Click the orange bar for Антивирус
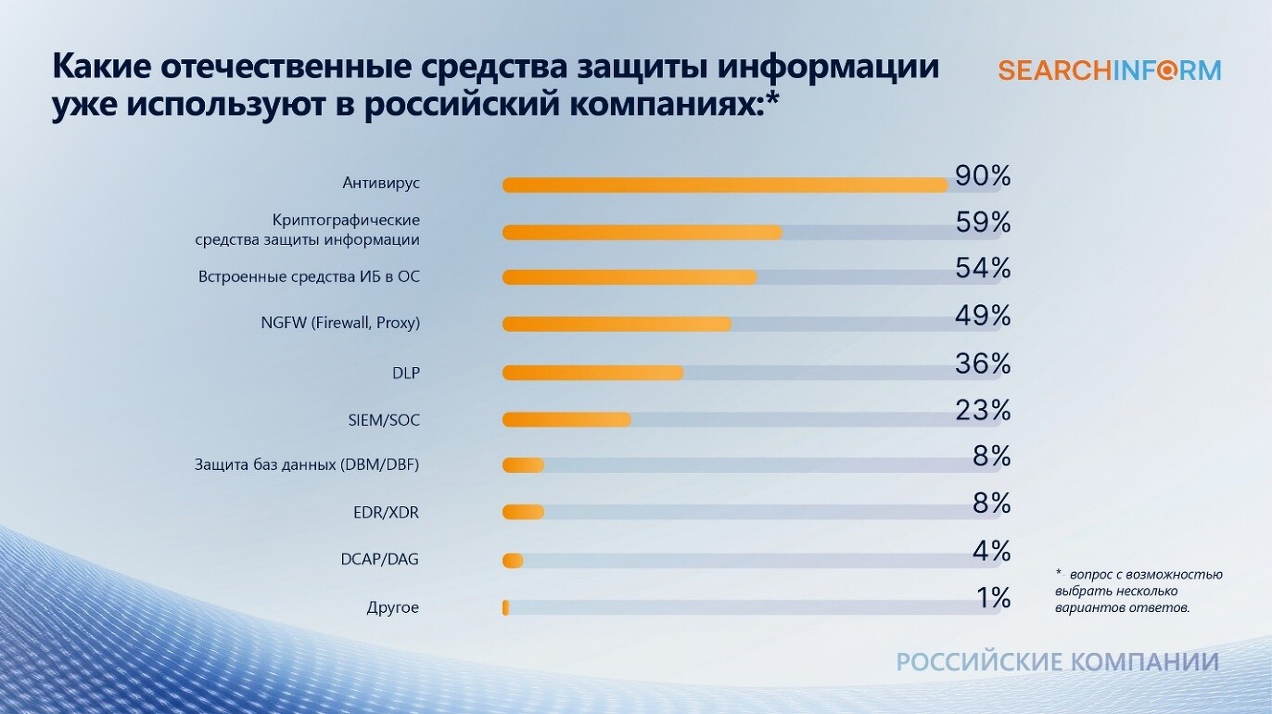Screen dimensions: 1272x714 725,185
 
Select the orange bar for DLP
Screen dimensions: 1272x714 592,373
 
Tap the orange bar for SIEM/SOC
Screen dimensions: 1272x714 566,420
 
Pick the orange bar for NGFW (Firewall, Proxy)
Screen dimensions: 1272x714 617,325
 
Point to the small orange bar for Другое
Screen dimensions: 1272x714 505,607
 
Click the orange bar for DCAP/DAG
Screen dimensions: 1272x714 513,561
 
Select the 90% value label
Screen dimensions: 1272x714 983,176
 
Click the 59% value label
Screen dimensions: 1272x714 983,223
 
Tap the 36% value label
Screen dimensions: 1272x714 983,363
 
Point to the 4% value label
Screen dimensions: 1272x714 991,551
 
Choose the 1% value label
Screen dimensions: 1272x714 994,597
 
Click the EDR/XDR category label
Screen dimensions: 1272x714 386,513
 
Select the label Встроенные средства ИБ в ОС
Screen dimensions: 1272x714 309,277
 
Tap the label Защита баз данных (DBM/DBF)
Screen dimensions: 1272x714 307,465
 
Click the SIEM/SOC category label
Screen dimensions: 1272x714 384,420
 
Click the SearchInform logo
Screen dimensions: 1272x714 1110,71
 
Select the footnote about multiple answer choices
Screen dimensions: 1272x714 1138,591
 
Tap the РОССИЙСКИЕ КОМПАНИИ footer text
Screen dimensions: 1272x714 1058,662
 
